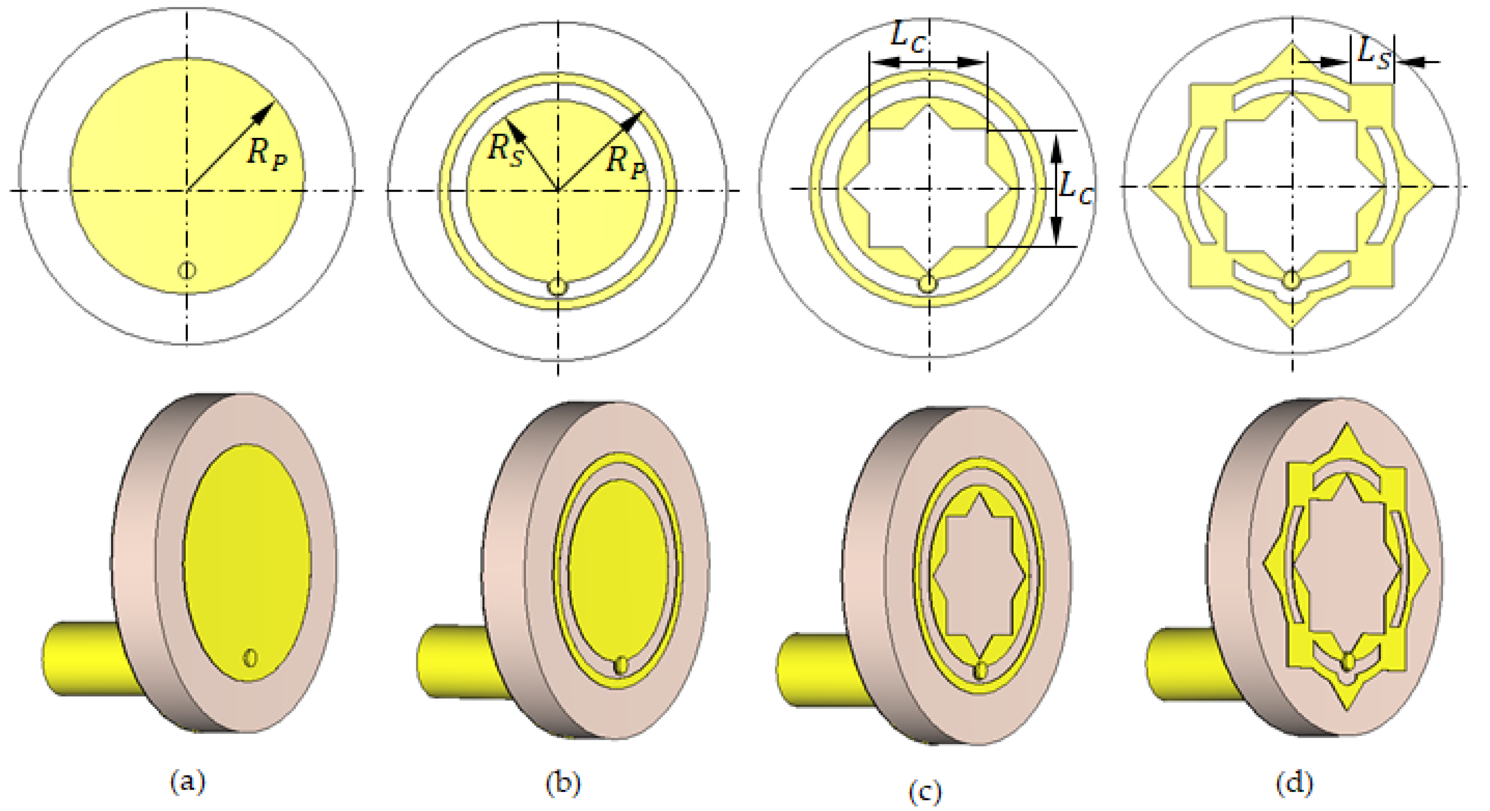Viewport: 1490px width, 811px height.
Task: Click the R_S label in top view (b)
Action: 506,150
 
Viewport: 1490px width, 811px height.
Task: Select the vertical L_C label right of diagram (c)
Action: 1076,188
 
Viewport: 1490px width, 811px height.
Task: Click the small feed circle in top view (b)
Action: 557,286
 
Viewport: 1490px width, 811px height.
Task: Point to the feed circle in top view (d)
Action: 1291,281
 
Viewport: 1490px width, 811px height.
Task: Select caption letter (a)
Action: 187,782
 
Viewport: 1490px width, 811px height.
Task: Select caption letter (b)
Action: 563,783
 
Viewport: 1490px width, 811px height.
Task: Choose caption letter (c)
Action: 925,791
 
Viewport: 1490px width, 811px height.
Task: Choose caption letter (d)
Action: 1295,783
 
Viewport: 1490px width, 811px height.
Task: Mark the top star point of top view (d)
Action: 1292,49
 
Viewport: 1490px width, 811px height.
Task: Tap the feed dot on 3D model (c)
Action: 980,670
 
